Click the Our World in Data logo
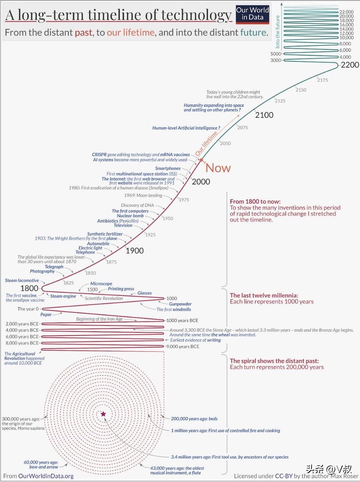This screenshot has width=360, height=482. [x=252, y=14]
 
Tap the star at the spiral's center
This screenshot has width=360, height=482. [x=103, y=414]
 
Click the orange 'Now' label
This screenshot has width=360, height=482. [x=218, y=168]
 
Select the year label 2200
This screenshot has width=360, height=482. [x=349, y=65]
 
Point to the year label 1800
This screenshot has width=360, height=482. [x=29, y=288]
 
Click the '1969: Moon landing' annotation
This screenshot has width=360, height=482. [x=143, y=195]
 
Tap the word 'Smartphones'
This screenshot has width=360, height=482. [x=168, y=168]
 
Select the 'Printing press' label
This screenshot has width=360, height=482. [x=121, y=289]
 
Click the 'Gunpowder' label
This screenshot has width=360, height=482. [x=180, y=304]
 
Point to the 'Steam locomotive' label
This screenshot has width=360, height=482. [x=22, y=280]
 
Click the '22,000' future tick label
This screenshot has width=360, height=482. [x=346, y=12]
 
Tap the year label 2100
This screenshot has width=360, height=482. [x=264, y=115]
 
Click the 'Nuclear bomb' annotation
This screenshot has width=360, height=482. [x=130, y=216]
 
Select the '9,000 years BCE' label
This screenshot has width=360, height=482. [x=183, y=346]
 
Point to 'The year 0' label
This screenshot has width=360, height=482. [x=28, y=309]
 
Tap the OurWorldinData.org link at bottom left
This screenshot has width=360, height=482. [x=46, y=476]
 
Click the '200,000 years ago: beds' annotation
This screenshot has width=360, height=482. [x=194, y=419]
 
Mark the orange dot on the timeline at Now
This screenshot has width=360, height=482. [x=201, y=160]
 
